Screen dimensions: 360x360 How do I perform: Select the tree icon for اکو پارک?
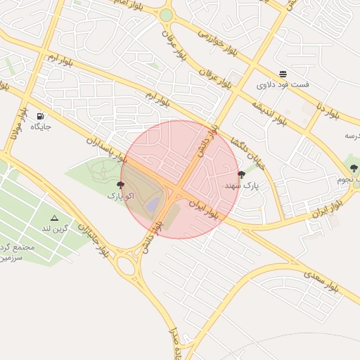120,185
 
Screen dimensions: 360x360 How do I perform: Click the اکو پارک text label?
120,196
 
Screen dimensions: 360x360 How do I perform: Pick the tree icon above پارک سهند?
242,174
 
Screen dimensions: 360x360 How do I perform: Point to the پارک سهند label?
242,186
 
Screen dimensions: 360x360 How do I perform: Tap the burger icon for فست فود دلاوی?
282,74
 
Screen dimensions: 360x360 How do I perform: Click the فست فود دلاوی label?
282,85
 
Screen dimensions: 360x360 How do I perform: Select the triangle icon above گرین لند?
54,218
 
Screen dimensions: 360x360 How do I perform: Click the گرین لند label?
54,229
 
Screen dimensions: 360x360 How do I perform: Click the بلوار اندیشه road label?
269,113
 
